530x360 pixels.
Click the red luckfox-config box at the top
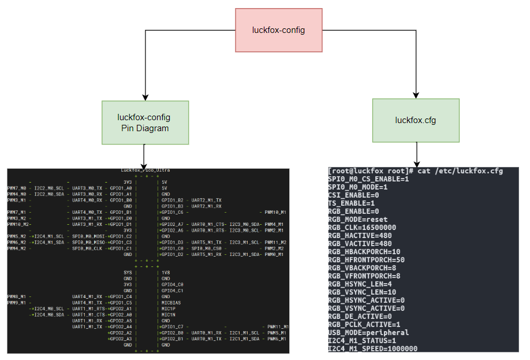click(x=279, y=30)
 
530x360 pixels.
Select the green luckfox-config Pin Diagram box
click(x=145, y=123)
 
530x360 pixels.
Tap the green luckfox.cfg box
click(x=416, y=120)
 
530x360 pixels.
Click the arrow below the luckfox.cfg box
click(x=416, y=154)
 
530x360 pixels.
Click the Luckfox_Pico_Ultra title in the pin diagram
click(x=145, y=170)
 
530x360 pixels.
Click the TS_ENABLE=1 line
click(x=352, y=203)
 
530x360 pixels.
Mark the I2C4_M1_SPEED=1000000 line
click(x=372, y=348)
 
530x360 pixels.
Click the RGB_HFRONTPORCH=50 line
click(x=367, y=260)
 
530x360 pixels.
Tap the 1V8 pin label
click(x=166, y=272)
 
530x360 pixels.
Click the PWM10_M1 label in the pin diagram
click(x=275, y=212)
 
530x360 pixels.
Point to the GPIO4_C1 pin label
click(x=171, y=291)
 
